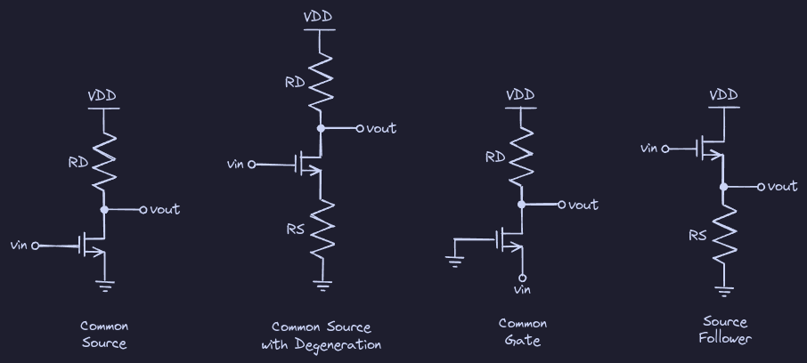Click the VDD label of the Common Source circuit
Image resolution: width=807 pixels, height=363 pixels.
click(x=103, y=95)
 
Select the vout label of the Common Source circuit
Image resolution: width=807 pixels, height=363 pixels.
click(x=165, y=210)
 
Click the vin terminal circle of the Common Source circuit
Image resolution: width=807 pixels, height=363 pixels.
click(x=36, y=246)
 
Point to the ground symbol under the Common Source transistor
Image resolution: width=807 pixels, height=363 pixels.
click(x=105, y=286)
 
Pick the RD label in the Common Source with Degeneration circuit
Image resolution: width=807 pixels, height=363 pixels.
click(x=295, y=83)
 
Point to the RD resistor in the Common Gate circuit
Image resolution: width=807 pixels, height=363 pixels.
click(x=522, y=155)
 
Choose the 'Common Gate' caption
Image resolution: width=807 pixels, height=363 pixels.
click(x=523, y=331)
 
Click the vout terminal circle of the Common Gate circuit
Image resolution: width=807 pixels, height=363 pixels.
click(x=561, y=206)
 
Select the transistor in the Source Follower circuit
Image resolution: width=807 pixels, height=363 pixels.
click(x=713, y=149)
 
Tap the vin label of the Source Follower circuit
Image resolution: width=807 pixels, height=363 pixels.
click(x=649, y=148)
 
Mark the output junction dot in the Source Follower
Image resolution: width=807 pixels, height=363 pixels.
click(x=724, y=187)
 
